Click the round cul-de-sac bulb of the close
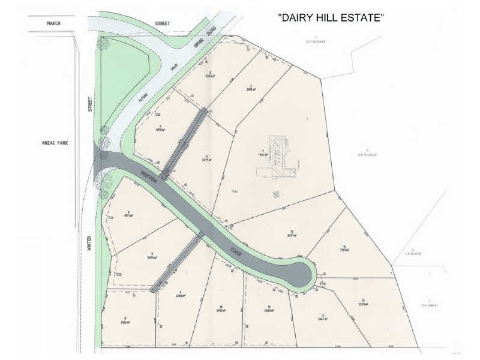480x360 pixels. pos(302,274)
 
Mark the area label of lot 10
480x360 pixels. pos(221,311)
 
